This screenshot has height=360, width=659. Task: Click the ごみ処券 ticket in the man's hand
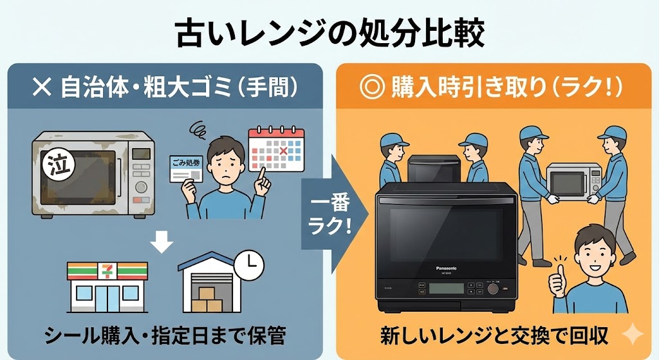pyautogui.click(x=187, y=168)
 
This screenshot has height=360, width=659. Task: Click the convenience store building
pyautogui.click(x=107, y=286)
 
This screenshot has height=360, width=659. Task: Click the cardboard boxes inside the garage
pyautogui.click(x=206, y=300)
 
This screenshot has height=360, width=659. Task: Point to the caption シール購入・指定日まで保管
pyautogui.click(x=165, y=336)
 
